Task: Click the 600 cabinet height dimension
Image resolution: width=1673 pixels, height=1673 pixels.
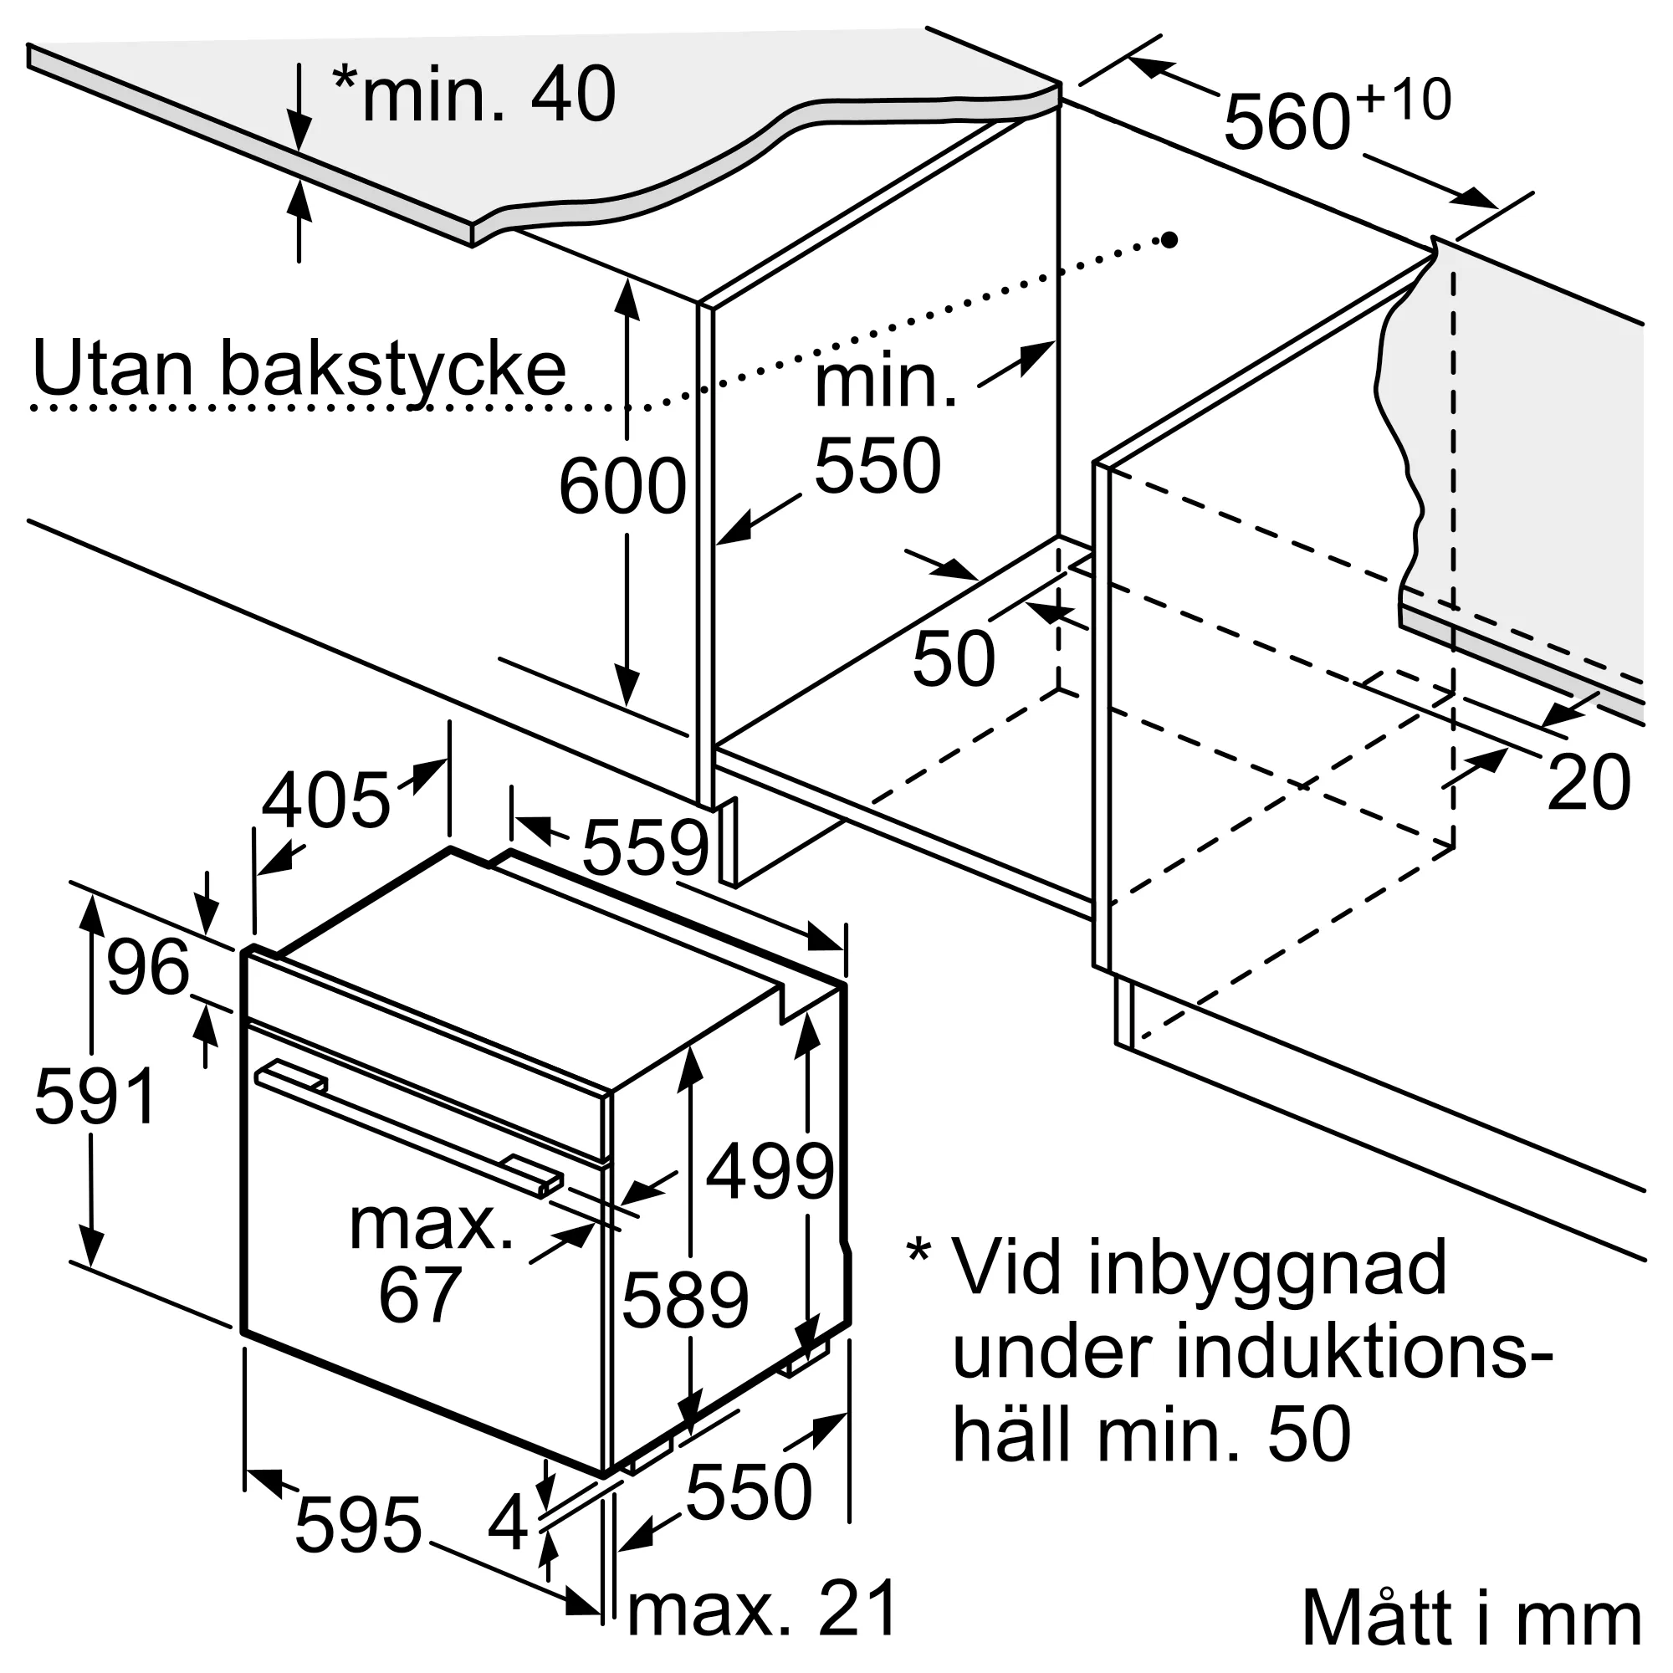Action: click(622, 487)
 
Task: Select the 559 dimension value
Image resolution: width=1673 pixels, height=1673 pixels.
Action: click(645, 847)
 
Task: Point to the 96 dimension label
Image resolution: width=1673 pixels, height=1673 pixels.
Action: click(147, 966)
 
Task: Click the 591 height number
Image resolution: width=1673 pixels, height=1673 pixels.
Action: click(95, 1097)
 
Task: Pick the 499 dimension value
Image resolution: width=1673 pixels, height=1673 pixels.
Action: click(769, 1172)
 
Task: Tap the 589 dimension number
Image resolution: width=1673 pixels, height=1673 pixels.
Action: click(685, 1301)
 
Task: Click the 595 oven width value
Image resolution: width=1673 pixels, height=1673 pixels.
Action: click(358, 1525)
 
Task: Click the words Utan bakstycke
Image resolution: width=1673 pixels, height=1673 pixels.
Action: click(299, 369)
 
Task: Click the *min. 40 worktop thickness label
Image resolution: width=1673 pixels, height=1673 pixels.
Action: click(473, 94)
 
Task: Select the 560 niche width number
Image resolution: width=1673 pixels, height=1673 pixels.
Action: click(1287, 123)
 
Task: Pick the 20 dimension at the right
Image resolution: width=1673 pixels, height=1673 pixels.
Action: click(1589, 783)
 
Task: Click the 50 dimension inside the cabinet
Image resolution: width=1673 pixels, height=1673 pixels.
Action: click(954, 659)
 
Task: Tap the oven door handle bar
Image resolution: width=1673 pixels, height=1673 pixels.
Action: click(407, 1123)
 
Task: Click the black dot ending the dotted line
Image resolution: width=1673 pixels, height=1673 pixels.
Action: click(1169, 240)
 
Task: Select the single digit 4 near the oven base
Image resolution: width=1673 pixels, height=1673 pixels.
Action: click(508, 1523)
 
